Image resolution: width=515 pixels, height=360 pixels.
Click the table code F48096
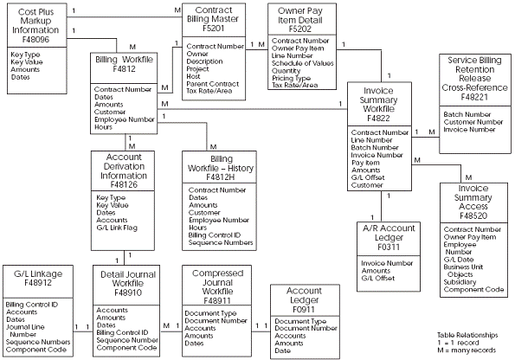click(36, 38)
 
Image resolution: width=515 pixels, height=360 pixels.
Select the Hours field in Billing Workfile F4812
click(105, 126)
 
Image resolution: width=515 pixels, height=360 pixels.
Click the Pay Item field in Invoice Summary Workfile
click(366, 161)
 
